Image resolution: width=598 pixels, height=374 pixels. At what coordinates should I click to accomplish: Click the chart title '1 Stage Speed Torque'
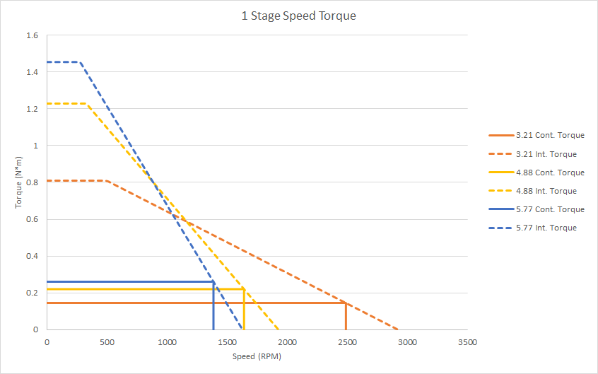(x=298, y=16)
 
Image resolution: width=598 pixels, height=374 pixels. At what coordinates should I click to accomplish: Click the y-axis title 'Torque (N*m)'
(x=19, y=182)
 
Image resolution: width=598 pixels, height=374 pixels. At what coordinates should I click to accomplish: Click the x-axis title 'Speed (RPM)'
(x=257, y=356)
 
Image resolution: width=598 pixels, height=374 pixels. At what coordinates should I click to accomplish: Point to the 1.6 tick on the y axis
(x=33, y=35)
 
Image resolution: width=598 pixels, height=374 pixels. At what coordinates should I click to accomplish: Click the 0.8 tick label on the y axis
(x=33, y=182)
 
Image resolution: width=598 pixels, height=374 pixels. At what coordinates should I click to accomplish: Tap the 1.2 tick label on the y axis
(x=33, y=109)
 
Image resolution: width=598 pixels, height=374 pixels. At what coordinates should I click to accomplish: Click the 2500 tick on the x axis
(x=347, y=341)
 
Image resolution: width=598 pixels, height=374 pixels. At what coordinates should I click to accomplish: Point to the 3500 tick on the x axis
(x=467, y=341)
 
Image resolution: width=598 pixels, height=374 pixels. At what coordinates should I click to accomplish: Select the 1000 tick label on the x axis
(x=167, y=341)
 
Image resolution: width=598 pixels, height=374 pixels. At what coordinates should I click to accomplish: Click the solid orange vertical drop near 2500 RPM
(x=346, y=317)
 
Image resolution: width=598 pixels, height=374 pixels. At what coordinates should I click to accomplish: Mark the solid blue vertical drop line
(x=213, y=306)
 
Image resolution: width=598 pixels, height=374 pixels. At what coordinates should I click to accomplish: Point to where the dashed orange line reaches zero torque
(x=398, y=329)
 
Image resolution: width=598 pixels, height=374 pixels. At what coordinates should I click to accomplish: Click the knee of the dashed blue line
(x=81, y=62)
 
